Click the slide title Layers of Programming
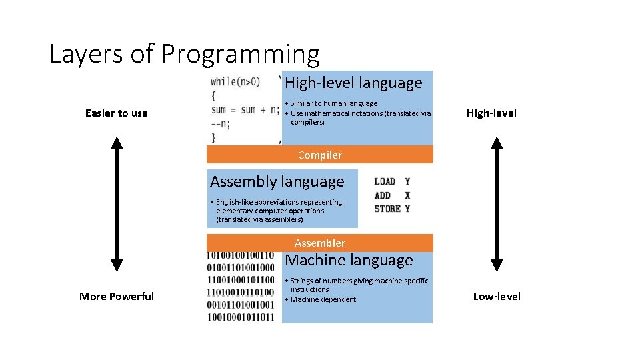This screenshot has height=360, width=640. (x=185, y=54)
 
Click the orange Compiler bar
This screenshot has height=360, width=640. (x=319, y=155)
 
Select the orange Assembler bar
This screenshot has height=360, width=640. (x=319, y=243)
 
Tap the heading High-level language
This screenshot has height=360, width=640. (x=353, y=83)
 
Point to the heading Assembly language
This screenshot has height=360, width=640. (x=277, y=181)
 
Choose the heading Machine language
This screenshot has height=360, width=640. (x=349, y=260)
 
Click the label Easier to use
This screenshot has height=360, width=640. (x=117, y=113)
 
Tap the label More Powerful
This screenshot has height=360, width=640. (x=117, y=297)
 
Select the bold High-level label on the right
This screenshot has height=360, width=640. (x=491, y=113)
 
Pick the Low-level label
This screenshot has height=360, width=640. (x=497, y=297)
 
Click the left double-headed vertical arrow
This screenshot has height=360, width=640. (x=117, y=203)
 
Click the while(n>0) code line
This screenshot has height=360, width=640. (x=235, y=82)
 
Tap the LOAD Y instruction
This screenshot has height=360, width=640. (x=392, y=181)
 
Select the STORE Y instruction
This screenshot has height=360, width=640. (x=392, y=209)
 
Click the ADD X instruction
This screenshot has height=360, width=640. (x=392, y=195)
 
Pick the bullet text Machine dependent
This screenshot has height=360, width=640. (x=323, y=299)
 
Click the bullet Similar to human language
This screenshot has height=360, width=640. (x=333, y=103)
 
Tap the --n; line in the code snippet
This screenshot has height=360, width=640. (x=221, y=123)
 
